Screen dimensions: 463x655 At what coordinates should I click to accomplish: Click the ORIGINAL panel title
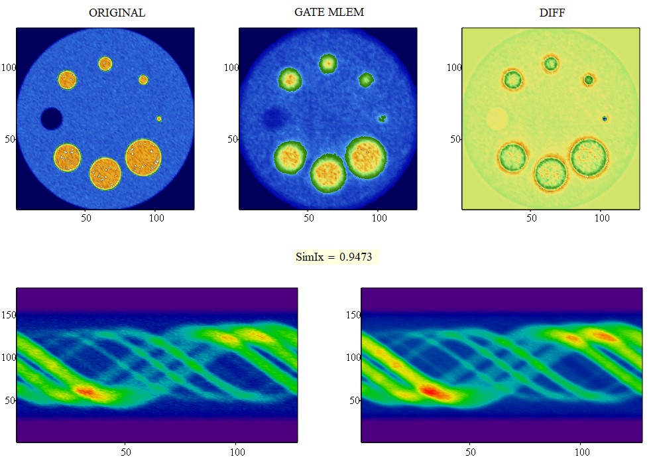click(117, 13)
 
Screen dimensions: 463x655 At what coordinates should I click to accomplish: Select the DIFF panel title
click(552, 13)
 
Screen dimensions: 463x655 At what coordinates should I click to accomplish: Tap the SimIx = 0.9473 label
click(337, 257)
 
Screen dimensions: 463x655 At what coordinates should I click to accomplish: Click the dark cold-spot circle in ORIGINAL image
click(51, 119)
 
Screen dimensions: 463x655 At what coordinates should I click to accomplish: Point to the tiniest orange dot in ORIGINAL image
click(159, 119)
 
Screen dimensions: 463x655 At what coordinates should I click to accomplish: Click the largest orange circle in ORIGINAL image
click(143, 157)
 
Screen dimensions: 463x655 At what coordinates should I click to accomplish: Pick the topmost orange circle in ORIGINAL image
click(105, 64)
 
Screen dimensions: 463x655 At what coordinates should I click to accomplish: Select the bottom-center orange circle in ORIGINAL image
click(105, 174)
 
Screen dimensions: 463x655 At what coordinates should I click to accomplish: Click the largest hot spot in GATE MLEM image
click(366, 157)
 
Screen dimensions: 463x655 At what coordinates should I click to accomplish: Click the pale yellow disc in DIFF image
click(497, 119)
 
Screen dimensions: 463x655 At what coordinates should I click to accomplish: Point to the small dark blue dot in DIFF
click(605, 118)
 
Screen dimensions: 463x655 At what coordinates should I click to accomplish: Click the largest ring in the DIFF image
click(589, 157)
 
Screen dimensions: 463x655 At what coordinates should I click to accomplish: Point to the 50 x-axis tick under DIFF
click(532, 216)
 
